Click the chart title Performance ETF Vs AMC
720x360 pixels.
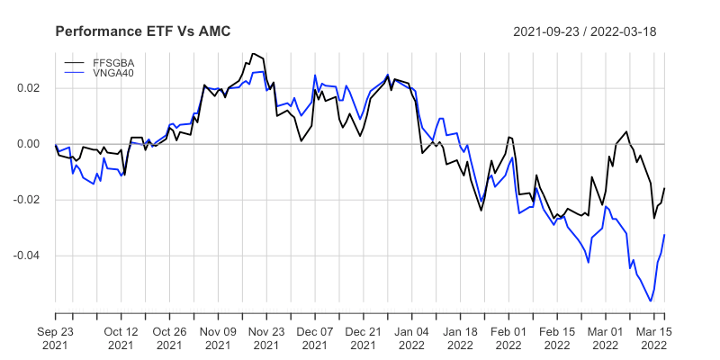[143, 31]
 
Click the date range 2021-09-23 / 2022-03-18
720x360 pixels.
[584, 31]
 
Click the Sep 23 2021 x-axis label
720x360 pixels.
[56, 337]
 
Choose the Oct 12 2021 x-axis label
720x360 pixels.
[121, 337]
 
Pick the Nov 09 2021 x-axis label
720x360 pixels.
[218, 337]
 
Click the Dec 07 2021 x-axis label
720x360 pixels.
[315, 337]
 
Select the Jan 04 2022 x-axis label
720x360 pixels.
[411, 337]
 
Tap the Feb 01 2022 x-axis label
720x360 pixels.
[508, 337]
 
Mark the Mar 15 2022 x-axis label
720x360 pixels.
[653, 337]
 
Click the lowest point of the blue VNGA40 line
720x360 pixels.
[650, 301]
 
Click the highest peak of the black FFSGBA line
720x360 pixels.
[253, 54]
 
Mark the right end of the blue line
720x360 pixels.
[664, 235]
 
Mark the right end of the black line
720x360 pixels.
[664, 188]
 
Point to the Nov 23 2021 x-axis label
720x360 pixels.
[266, 337]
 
